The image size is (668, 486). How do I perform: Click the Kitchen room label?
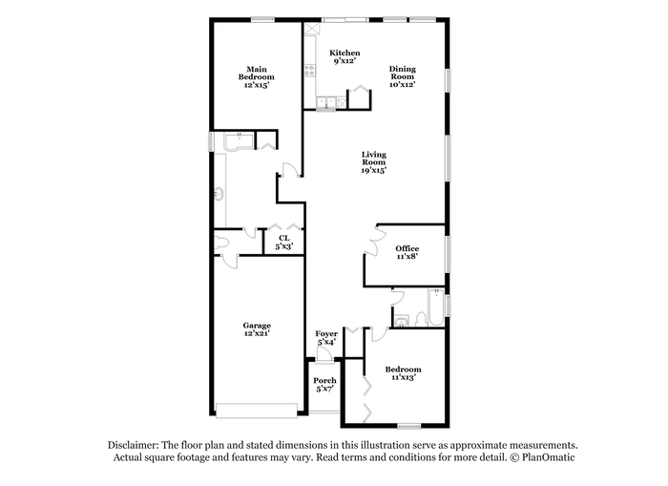click(x=344, y=53)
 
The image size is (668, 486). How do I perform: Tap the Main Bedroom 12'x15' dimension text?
click(x=257, y=85)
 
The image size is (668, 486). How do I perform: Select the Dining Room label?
click(x=402, y=73)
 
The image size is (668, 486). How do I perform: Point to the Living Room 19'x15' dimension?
click(x=374, y=170)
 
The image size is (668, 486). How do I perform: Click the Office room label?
click(x=407, y=248)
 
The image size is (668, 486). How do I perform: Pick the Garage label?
click(x=257, y=326)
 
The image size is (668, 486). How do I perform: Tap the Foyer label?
click(x=326, y=334)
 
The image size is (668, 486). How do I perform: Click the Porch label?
click(x=324, y=380)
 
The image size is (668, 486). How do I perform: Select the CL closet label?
click(x=284, y=238)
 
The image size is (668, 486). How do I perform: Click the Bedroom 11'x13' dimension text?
click(x=403, y=377)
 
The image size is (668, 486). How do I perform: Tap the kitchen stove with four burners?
click(x=310, y=71)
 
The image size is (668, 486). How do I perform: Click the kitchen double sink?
click(x=326, y=102)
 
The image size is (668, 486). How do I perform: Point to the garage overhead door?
click(x=257, y=411)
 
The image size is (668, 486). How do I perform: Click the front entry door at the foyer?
click(x=325, y=355)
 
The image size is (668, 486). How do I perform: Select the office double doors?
click(x=375, y=241)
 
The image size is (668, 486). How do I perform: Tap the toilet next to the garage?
click(x=221, y=243)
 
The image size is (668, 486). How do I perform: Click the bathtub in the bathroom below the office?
click(x=436, y=307)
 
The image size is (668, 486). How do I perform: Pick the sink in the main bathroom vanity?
click(x=219, y=195)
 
